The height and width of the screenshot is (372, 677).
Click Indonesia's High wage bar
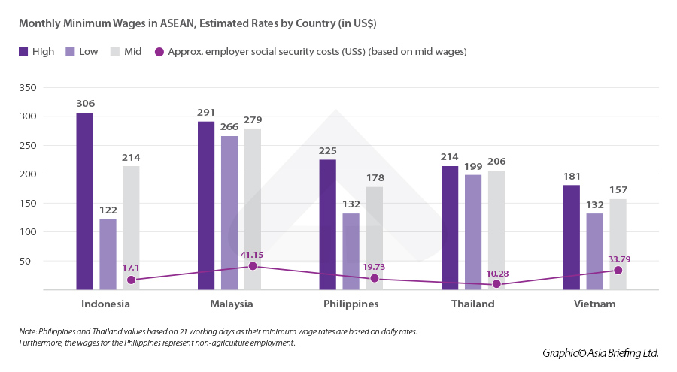coord(84,201)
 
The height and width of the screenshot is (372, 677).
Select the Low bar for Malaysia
coord(229,213)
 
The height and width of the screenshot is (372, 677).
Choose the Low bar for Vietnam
coord(594,251)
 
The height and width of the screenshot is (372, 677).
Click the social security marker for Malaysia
coord(253,266)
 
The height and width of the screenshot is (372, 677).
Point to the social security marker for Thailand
coord(496,284)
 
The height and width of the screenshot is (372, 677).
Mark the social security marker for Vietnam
coord(618,271)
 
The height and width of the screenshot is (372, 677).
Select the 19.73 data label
coord(375,266)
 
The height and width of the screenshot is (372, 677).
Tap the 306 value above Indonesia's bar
coord(85,104)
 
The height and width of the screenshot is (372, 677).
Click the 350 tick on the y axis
coord(27,87)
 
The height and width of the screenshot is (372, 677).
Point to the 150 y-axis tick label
coord(27,203)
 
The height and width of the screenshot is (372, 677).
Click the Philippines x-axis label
coord(351,304)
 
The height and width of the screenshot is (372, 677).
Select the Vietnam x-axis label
coord(594,304)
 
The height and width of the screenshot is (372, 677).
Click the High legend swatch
coord(23,52)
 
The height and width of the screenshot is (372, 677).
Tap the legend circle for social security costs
coord(159,52)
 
